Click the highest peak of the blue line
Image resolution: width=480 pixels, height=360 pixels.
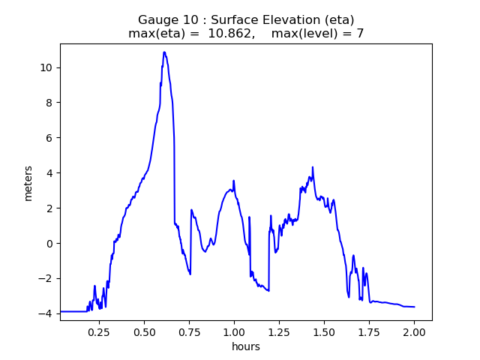pyautogui.click(x=164, y=52)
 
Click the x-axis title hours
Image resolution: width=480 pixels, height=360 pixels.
pyautogui.click(x=246, y=346)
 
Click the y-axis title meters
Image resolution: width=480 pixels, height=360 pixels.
pyautogui.click(x=28, y=182)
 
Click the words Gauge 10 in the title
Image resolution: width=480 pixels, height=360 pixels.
pyautogui.click(x=164, y=19)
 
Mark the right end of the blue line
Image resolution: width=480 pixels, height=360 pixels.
pyautogui.click(x=414, y=307)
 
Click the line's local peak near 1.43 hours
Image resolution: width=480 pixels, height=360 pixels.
pyautogui.click(x=313, y=167)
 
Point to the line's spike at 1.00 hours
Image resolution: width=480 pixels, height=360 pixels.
pyautogui.click(x=234, y=181)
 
